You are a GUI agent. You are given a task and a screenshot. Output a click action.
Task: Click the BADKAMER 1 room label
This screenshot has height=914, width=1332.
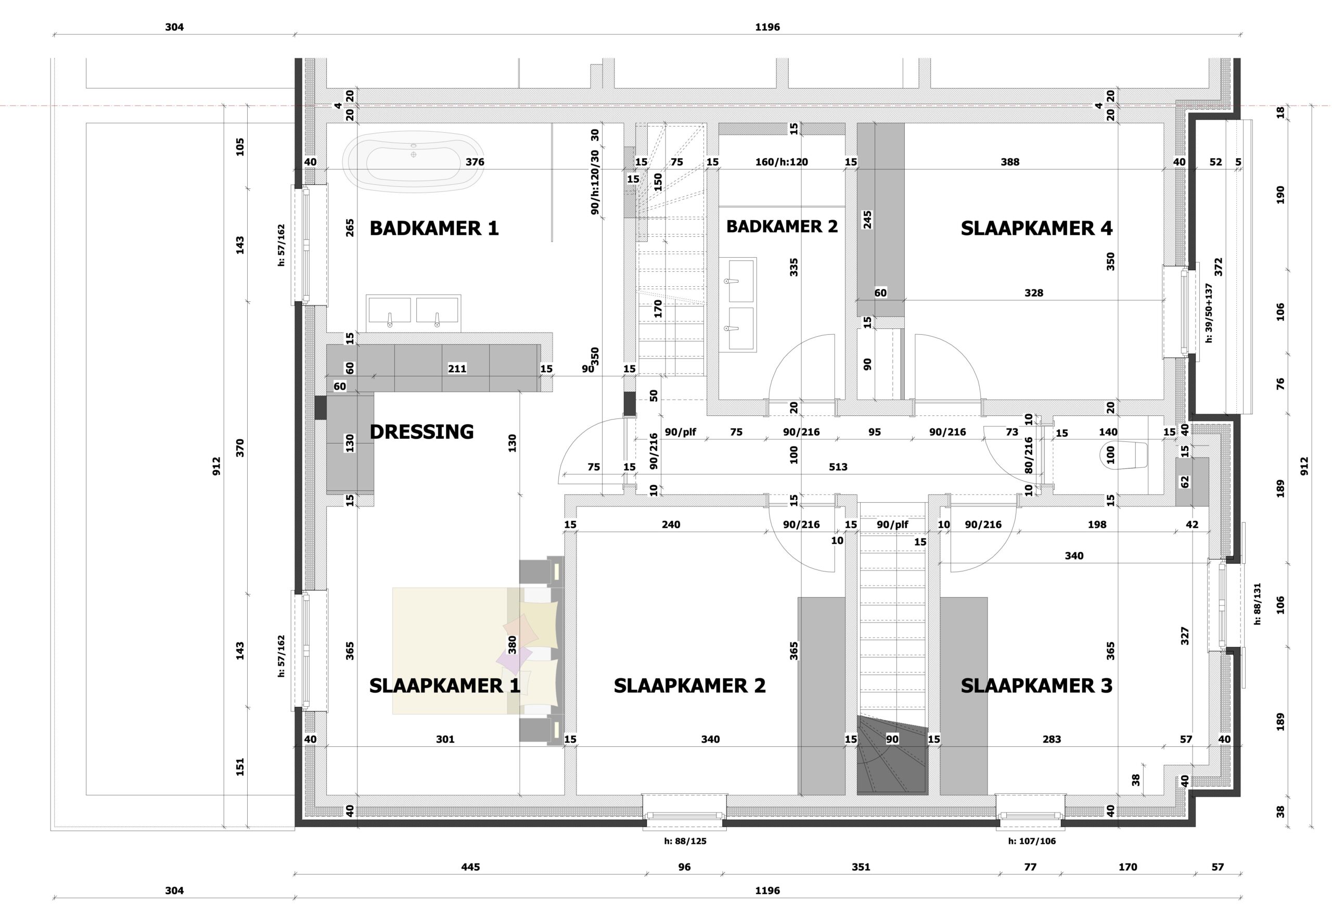coord(434,228)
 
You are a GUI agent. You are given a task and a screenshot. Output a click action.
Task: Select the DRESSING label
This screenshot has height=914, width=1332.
coord(421,432)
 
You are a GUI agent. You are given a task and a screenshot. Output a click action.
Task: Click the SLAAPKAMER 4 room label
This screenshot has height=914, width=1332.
coord(1036,228)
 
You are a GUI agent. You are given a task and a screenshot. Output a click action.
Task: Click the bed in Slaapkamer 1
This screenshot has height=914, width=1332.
coord(476,651)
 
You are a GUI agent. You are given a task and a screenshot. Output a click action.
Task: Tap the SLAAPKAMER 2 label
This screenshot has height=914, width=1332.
coord(689,686)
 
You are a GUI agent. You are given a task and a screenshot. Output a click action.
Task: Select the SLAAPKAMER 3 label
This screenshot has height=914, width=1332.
coord(1036,686)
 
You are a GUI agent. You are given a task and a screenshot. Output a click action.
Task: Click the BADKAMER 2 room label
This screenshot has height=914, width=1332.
coord(782,226)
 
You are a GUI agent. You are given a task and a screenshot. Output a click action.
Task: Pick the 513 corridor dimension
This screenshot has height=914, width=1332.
coord(838,467)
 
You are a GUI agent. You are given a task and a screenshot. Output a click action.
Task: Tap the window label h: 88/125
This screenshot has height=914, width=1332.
coord(685,841)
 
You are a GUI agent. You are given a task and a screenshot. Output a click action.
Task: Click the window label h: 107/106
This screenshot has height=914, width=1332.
coord(1032,841)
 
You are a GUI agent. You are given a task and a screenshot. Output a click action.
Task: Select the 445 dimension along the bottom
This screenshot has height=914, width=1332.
coord(470,867)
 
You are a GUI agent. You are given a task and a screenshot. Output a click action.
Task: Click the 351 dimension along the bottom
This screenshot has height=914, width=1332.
coord(861,867)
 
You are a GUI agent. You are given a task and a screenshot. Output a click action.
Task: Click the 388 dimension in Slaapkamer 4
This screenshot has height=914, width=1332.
coord(1010,162)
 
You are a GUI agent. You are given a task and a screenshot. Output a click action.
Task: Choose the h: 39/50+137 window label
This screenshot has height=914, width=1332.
coord(1209,312)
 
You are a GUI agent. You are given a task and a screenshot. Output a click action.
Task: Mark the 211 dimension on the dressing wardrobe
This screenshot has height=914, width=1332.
coord(457,369)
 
